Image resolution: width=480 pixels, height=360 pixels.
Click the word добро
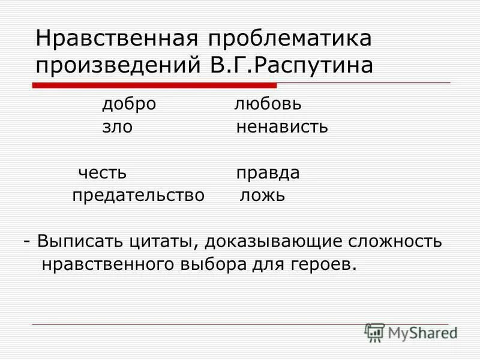(128, 104)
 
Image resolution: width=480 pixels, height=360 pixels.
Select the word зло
(117, 127)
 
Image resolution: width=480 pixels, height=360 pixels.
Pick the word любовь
(268, 104)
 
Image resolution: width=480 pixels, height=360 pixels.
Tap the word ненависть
(282, 127)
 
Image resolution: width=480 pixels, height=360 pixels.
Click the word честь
(103, 173)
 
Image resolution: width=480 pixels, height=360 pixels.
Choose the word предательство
(139, 196)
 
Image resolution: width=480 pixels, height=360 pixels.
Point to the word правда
(268, 173)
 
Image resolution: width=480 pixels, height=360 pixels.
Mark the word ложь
(262, 196)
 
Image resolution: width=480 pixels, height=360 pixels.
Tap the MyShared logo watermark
(410, 332)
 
